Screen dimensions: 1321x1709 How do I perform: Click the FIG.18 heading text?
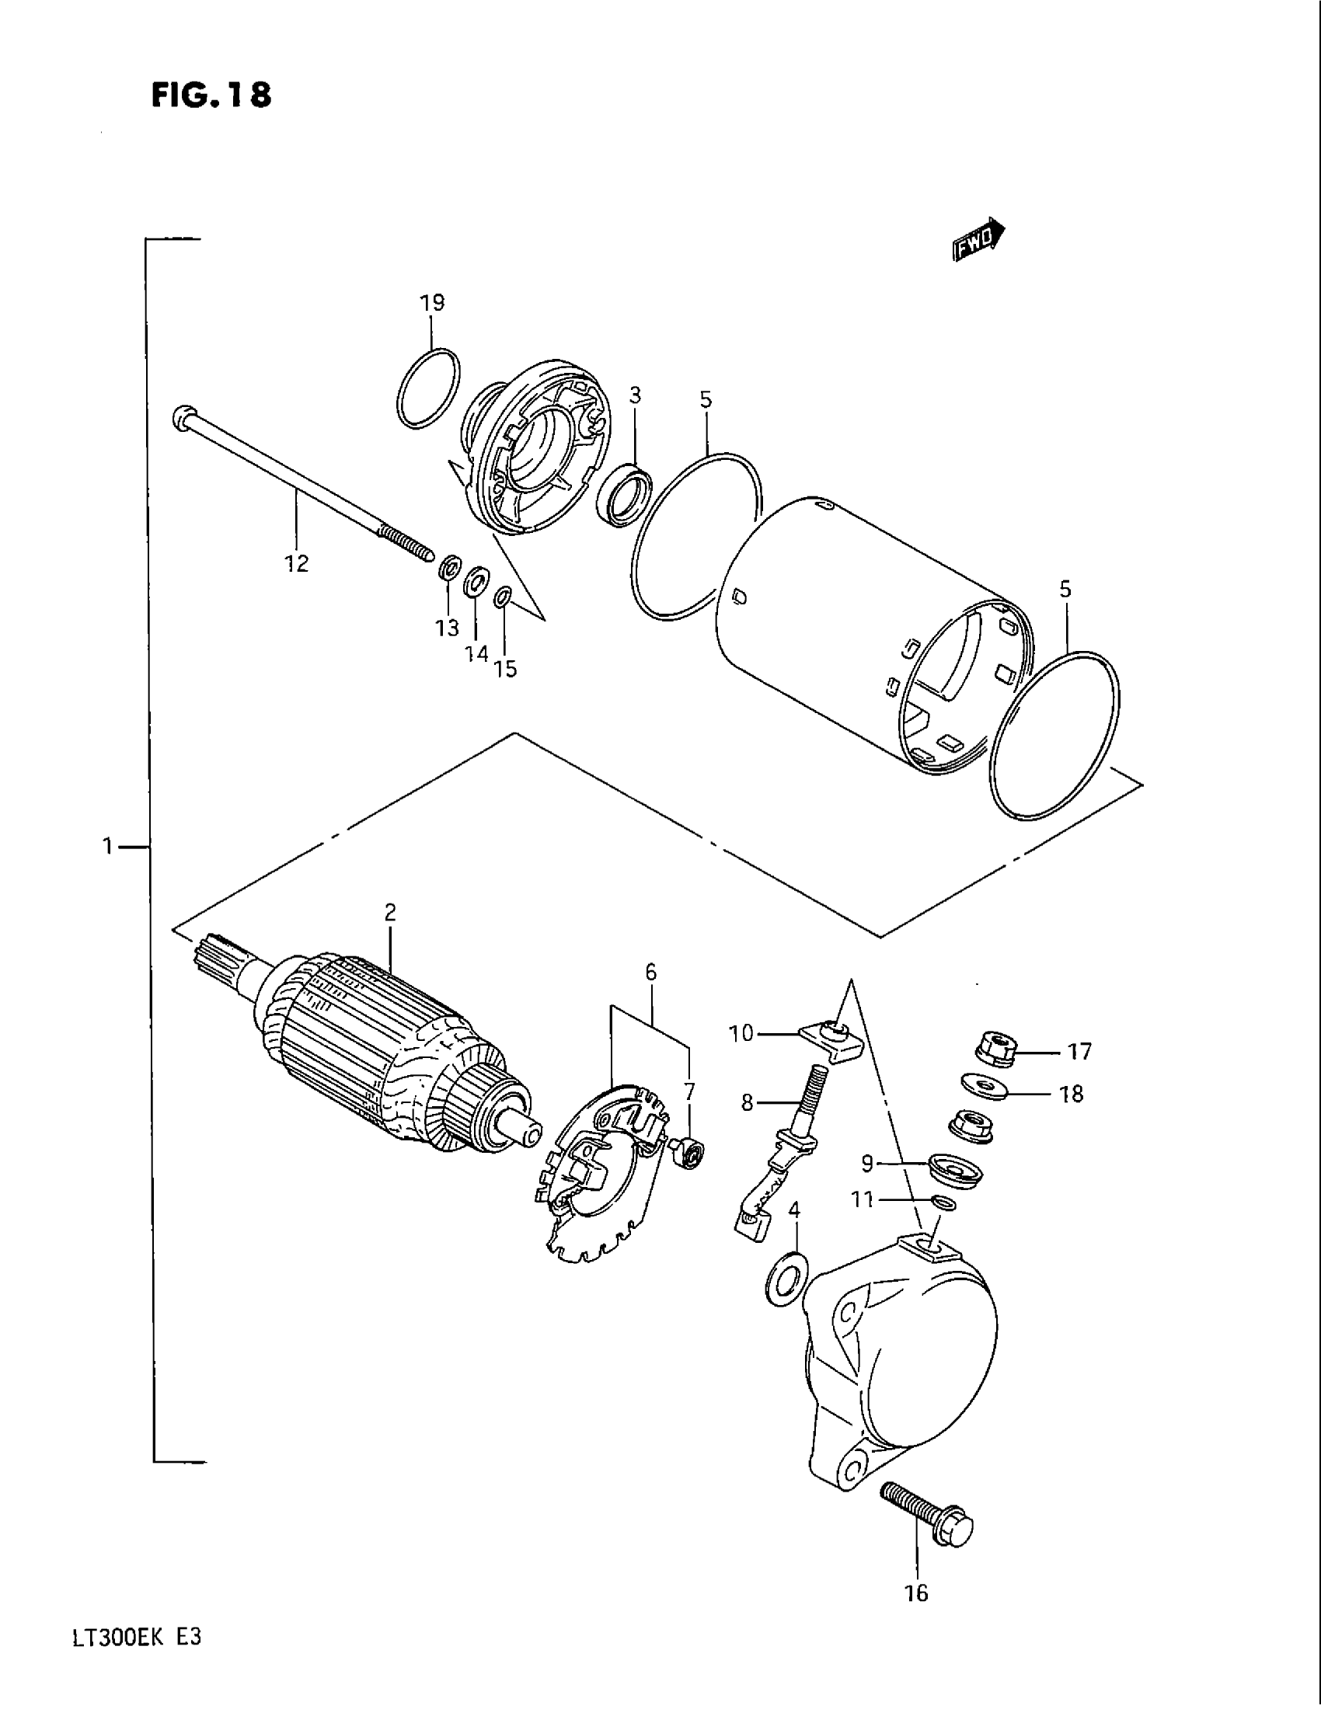click(x=211, y=95)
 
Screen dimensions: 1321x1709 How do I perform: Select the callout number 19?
click(x=432, y=303)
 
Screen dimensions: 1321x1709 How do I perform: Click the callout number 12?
click(x=297, y=562)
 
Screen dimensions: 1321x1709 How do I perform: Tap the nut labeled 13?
click(x=448, y=568)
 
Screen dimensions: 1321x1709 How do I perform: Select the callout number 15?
click(x=506, y=669)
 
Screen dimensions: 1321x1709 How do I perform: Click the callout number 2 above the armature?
click(x=390, y=912)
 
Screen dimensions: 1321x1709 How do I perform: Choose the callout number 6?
click(x=650, y=973)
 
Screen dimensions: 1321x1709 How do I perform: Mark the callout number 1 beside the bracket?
click(x=108, y=846)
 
